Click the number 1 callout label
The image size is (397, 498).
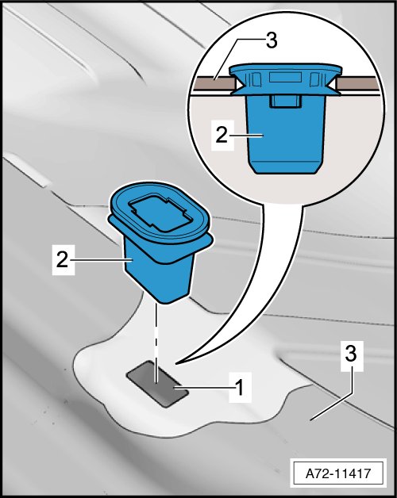(x=240, y=388)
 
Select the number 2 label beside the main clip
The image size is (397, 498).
(x=63, y=259)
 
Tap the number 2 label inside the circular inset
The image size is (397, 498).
(x=222, y=136)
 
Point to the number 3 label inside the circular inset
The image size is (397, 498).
(x=272, y=41)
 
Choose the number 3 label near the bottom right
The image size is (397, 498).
(x=351, y=354)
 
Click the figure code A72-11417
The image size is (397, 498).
(x=338, y=473)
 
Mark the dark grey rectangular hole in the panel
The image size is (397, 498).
(x=157, y=384)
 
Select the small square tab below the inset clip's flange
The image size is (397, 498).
(x=286, y=101)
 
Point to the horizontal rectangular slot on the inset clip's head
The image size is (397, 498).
(x=285, y=77)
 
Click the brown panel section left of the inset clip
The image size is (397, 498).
(x=213, y=82)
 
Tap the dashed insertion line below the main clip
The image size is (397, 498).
(x=156, y=343)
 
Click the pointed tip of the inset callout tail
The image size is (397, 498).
(x=176, y=362)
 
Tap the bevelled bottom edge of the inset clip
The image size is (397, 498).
(x=286, y=167)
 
